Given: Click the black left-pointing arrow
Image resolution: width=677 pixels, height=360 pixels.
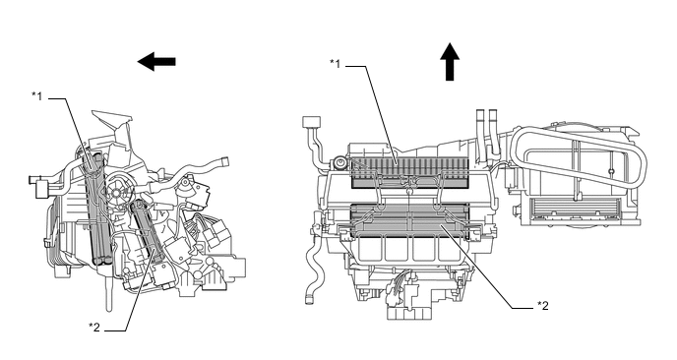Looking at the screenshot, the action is point(156,62).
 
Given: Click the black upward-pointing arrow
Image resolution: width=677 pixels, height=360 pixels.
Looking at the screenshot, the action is point(450,62).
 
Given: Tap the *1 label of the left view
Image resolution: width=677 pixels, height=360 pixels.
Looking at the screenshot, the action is point(37,96).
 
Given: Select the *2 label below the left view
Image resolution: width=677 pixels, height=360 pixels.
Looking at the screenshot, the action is point(94,328).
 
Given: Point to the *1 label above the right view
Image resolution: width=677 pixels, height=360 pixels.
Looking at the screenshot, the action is point(335,64).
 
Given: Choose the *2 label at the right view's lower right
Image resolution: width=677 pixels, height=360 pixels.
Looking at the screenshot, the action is point(543,306).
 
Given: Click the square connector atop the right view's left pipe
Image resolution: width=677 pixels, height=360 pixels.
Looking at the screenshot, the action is point(312,122).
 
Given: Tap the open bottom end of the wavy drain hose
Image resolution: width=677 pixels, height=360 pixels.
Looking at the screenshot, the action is point(309,299).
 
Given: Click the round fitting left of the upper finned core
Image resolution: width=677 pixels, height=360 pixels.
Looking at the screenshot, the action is point(340,163).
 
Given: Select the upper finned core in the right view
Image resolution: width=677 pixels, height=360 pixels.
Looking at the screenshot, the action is point(409,172).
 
